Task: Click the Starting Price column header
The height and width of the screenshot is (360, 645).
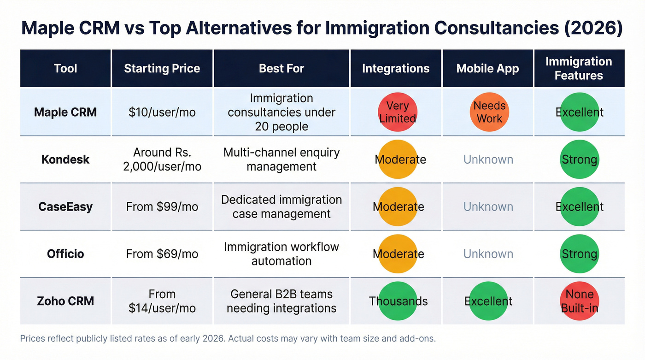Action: click(x=162, y=69)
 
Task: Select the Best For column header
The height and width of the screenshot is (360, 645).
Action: click(x=281, y=69)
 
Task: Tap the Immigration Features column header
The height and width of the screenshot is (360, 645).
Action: click(x=579, y=69)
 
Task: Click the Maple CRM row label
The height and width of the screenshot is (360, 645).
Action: click(x=65, y=112)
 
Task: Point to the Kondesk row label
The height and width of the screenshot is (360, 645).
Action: click(x=65, y=159)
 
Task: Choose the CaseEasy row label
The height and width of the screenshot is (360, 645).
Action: click(x=65, y=207)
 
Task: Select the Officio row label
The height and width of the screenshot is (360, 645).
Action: click(x=65, y=254)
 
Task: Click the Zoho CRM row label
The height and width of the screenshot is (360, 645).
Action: click(x=65, y=301)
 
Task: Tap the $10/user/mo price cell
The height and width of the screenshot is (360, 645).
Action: click(x=162, y=112)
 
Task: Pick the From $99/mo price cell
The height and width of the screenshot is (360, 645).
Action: click(x=162, y=207)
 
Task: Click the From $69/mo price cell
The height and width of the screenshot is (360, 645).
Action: click(x=162, y=254)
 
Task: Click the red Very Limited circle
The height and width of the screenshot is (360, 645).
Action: click(x=397, y=112)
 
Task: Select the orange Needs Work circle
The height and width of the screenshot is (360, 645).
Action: click(x=489, y=112)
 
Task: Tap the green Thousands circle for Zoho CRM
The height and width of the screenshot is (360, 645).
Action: click(x=398, y=301)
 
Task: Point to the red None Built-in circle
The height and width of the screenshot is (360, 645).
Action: click(x=579, y=301)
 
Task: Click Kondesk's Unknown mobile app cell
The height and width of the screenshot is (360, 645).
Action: click(x=488, y=159)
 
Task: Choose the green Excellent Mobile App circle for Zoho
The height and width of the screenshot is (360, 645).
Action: click(x=488, y=301)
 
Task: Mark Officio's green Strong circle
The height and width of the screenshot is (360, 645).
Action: click(x=579, y=254)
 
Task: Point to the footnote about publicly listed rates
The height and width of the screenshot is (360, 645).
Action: click(x=228, y=339)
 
